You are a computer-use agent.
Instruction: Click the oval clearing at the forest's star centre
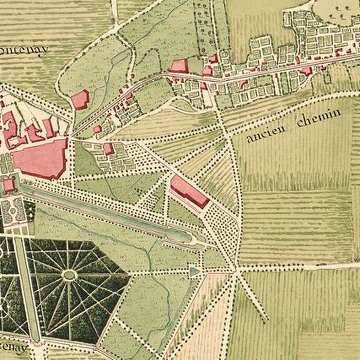point(69,275)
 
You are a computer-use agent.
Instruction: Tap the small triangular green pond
point(193,270)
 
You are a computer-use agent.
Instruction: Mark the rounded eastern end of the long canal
point(198,239)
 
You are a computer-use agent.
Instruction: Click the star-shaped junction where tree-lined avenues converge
point(236,268)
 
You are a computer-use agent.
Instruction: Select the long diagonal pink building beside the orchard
point(189,191)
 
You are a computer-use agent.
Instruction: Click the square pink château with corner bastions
point(9,184)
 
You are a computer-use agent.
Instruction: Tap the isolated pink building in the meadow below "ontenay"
point(80,99)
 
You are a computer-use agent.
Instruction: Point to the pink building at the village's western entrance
point(178,65)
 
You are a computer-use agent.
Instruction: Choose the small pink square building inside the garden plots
point(108,149)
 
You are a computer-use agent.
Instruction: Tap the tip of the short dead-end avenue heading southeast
point(266,321)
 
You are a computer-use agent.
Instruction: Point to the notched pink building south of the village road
point(244,83)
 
